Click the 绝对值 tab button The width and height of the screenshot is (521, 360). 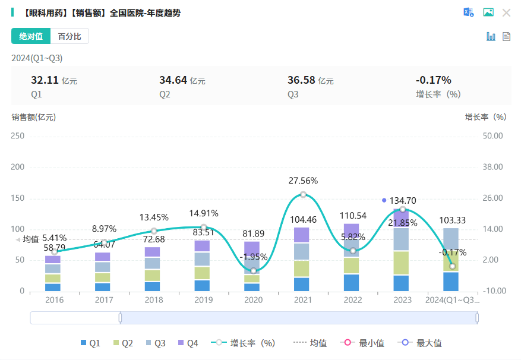coord(31,36)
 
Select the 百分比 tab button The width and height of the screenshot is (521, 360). coord(70,36)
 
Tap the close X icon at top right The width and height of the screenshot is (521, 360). coord(506,12)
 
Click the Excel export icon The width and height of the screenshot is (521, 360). coord(469,12)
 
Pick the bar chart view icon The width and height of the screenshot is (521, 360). coord(491,36)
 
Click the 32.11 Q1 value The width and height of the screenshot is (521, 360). coord(45,80)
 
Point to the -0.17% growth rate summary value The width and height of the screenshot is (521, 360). coord(433,80)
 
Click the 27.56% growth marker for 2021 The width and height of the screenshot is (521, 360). coord(303,195)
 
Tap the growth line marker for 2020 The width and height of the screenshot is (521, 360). coord(253,271)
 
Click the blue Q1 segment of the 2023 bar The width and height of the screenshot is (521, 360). coord(402,283)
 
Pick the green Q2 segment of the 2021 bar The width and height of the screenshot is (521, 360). coord(303,269)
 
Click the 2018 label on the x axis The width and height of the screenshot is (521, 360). coord(154,300)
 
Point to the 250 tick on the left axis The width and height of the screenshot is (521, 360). coord(18,136)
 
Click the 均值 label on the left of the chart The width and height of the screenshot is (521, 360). coord(30,239)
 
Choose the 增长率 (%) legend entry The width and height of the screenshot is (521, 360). coord(245,343)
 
